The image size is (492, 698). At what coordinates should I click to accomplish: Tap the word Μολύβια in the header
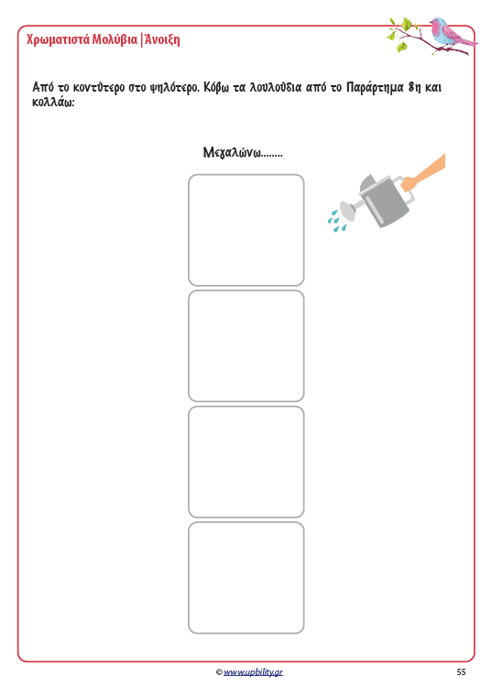115,39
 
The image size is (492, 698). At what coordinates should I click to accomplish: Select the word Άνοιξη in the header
162,39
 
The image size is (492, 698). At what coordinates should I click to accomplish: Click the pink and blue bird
451,32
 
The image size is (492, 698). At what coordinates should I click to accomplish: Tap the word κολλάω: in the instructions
53,102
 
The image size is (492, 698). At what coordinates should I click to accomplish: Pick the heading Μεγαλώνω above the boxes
232,152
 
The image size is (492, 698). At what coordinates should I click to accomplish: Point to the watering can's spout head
347,210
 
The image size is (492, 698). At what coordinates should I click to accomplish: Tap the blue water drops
336,222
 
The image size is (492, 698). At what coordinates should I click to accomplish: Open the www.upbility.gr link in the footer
253,672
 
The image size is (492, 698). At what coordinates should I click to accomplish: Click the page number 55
461,672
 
